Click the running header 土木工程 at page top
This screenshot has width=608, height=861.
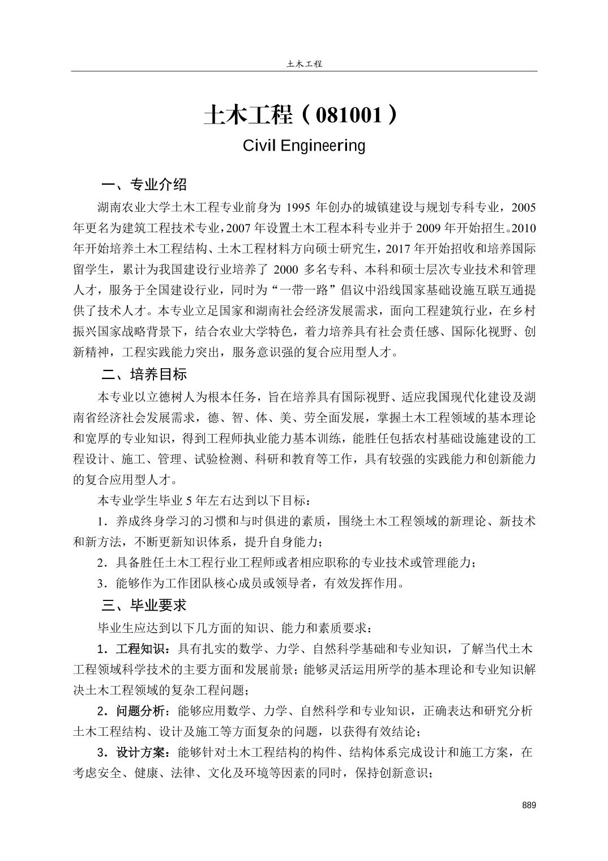(x=304, y=64)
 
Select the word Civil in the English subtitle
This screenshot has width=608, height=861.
(x=258, y=146)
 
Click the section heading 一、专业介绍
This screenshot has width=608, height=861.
(x=144, y=185)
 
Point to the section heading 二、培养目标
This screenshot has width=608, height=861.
(x=144, y=375)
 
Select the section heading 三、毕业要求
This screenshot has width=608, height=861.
(x=144, y=606)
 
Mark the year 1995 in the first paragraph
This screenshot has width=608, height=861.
(x=295, y=208)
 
